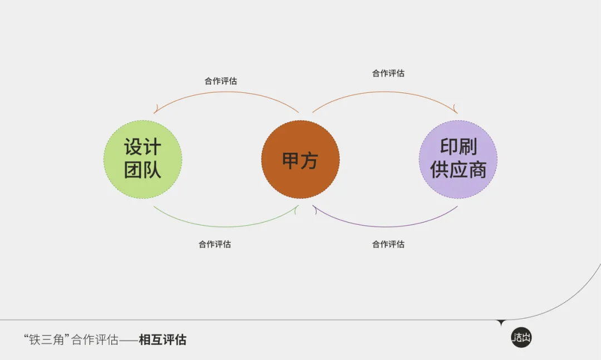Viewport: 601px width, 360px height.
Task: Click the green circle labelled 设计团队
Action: (142, 160)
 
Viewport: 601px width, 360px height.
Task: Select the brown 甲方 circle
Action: (300, 160)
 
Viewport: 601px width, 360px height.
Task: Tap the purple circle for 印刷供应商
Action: (458, 160)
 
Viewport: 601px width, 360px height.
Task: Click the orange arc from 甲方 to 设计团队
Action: (226, 92)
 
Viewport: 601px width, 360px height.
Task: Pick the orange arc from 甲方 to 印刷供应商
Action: (385, 92)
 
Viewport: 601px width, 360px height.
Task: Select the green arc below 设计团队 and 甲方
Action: (226, 226)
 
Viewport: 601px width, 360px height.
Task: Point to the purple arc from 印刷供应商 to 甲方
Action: (385, 226)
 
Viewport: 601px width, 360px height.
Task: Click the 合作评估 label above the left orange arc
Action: (221, 81)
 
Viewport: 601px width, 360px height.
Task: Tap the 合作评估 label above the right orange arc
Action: (388, 73)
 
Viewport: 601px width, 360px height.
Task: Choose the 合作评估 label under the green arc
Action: (215, 244)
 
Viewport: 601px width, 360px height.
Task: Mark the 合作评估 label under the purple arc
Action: (388, 244)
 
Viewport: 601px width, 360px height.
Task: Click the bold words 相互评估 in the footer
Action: (162, 339)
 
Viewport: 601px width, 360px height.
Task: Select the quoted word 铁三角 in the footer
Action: (47, 339)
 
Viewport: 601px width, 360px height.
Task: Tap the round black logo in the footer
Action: (521, 338)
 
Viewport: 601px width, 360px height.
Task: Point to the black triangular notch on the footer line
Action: (501, 322)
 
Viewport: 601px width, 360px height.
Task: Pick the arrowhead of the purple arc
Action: (314, 209)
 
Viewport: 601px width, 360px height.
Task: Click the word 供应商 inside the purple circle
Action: (458, 170)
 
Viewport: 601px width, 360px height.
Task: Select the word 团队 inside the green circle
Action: (142, 170)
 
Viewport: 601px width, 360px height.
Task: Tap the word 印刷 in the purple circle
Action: (459, 146)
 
